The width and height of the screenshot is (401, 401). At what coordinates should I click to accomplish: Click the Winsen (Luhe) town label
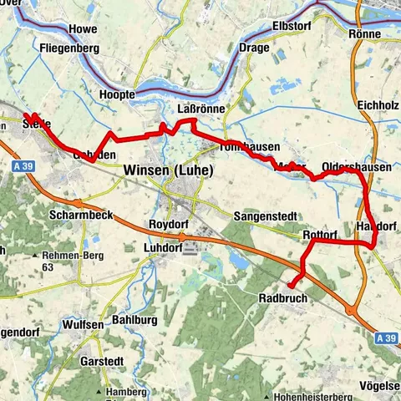tap(167, 170)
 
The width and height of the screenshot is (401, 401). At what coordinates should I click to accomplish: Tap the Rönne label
tap(366, 34)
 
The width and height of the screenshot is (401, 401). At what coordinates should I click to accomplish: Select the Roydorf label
tap(167, 224)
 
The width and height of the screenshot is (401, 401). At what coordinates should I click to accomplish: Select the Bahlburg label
tap(135, 320)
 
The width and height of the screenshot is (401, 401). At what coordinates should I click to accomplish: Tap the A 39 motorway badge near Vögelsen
tap(384, 338)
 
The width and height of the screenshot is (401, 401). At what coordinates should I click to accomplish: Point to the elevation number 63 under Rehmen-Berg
tap(48, 268)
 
